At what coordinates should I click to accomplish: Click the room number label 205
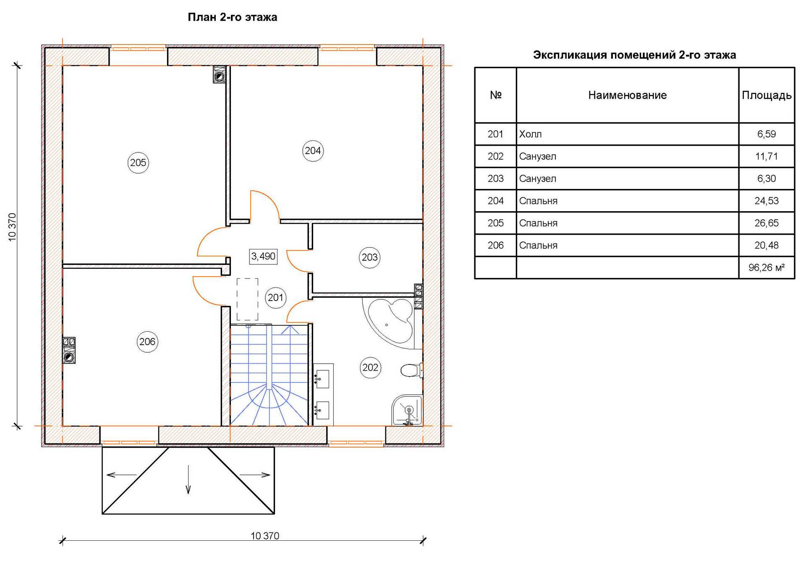click(138, 162)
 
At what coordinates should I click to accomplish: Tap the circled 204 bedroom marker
click(313, 151)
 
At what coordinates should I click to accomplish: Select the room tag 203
click(370, 257)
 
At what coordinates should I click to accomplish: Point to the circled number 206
click(147, 342)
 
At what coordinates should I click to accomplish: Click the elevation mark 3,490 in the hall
click(263, 256)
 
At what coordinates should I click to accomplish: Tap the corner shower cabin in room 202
click(406, 411)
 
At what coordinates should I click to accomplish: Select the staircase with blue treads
click(269, 375)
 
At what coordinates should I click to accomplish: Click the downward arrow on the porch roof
click(188, 479)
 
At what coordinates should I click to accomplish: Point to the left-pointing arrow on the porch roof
click(122, 475)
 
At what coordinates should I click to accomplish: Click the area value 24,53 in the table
click(767, 201)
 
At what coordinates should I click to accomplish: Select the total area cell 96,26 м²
click(767, 267)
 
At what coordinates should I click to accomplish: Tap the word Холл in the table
click(530, 134)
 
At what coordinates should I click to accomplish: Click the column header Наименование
click(627, 95)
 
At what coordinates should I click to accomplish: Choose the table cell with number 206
click(495, 245)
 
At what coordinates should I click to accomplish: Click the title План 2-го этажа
click(232, 17)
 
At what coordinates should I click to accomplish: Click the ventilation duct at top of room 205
click(220, 74)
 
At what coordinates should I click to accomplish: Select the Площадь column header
click(767, 95)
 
